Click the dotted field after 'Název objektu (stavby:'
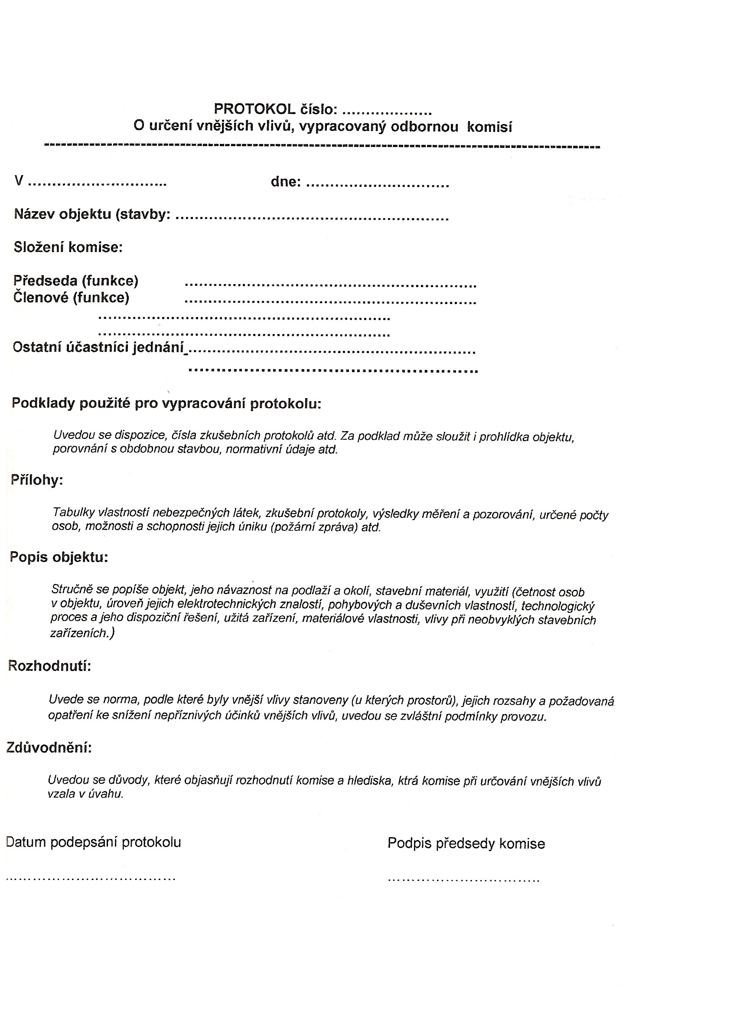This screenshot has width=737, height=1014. click(x=312, y=219)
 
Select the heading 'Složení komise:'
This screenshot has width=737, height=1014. click(x=68, y=247)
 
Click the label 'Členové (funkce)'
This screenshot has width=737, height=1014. click(x=71, y=298)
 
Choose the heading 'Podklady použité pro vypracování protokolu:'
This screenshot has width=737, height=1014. click(x=166, y=403)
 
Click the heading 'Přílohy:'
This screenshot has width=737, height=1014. click(x=37, y=480)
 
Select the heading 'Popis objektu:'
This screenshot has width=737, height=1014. click(x=59, y=557)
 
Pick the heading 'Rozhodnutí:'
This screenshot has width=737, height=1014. click(x=49, y=666)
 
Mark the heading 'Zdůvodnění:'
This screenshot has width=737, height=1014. click(x=49, y=748)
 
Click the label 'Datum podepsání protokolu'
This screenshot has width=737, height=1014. click(x=93, y=843)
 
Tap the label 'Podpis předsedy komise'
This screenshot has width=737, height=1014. click(x=466, y=844)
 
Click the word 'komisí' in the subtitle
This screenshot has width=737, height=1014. click(x=489, y=128)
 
